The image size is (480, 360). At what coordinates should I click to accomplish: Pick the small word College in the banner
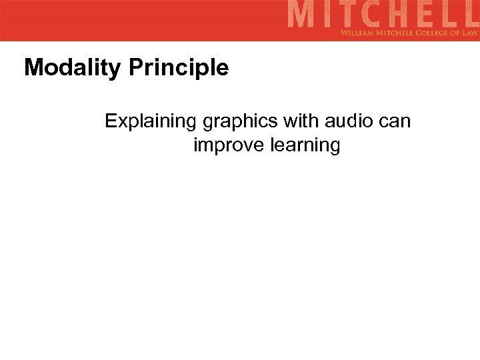tap(426, 33)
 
